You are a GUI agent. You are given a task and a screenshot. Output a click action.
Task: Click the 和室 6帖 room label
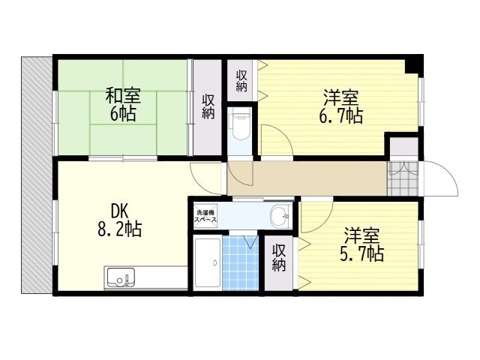click(123, 104)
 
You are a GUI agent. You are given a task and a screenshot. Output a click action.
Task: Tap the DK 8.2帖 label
click(120, 220)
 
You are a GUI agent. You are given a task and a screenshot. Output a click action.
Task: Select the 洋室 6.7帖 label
click(341, 106)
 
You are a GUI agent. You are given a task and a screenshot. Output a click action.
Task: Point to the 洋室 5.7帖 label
click(361, 244)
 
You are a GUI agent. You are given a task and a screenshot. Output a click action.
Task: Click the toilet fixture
click(241, 126)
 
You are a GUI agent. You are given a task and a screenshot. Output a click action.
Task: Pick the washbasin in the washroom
click(280, 215)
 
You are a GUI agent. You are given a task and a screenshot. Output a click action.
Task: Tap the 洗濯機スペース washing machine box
click(206, 216)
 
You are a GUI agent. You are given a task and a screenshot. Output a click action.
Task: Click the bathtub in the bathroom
click(208, 263)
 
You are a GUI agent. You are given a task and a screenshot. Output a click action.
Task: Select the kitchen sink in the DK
click(120, 277)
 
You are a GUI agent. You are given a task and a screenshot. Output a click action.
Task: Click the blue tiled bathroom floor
click(241, 262)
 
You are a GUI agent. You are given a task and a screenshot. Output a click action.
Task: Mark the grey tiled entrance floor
click(403, 178)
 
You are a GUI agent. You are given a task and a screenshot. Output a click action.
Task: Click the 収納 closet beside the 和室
click(208, 107)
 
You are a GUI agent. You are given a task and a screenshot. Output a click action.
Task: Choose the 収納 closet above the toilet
click(241, 80)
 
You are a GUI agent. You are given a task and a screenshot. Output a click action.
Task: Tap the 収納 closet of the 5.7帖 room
click(278, 262)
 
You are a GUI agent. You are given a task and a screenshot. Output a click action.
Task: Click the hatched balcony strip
click(37, 175)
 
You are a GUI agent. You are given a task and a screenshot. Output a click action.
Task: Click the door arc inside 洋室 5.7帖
click(325, 221)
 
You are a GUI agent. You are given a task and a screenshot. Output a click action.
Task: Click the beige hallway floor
click(307, 178)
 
